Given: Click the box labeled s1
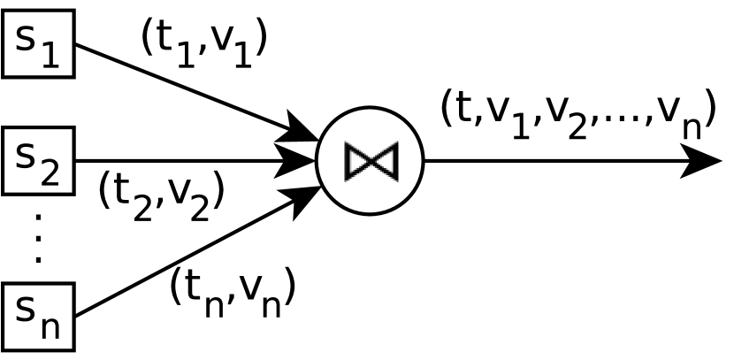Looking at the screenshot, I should [38, 43].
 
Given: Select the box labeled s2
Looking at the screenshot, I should [38, 161].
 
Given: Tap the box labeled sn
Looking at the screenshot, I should [38, 316].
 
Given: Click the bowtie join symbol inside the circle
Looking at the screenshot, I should [371, 161].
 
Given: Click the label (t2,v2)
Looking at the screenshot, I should [161, 195].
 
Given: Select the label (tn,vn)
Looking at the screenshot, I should [232, 292].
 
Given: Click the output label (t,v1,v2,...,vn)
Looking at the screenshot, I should [577, 113].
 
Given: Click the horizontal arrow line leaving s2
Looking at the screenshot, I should [177, 161].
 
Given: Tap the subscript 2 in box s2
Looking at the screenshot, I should [50, 172].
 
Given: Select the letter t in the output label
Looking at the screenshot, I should [465, 108].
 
